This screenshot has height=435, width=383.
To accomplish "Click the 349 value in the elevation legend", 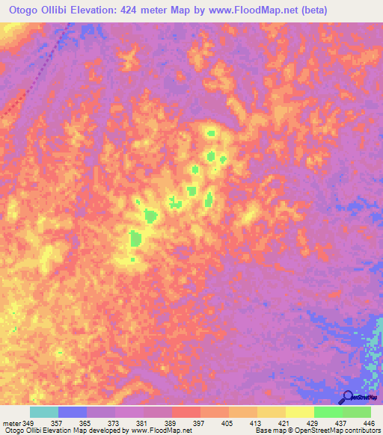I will click(28, 422).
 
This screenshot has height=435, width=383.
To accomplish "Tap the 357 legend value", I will click(58, 422).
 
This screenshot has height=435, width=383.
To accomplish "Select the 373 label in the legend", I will click(115, 422).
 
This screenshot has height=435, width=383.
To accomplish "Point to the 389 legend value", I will click(172, 422).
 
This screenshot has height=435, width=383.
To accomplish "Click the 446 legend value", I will click(368, 422).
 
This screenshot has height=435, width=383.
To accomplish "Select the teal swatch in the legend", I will click(44, 412).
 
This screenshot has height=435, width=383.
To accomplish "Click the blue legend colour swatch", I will click(73, 412).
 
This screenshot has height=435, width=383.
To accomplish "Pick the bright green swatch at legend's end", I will click(357, 412).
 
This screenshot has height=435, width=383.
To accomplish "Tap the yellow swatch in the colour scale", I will click(300, 412).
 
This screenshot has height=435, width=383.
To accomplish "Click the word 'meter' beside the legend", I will click(11, 422).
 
